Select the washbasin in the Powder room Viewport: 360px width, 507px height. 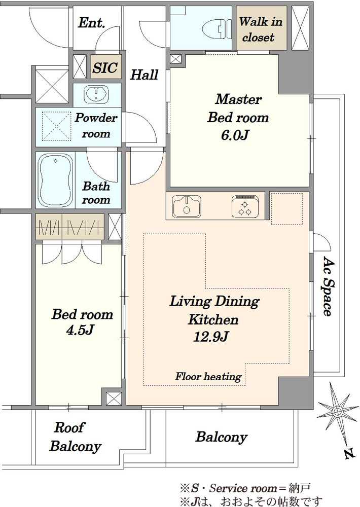pos(96,94)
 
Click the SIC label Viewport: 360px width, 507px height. pos(105,67)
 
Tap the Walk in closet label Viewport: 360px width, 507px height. pos(260,29)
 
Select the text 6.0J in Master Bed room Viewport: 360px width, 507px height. pos(235,135)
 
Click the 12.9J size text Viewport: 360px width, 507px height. pos(211,337)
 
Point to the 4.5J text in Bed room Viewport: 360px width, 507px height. pos(80,330)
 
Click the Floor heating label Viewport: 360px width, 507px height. pos(208,376)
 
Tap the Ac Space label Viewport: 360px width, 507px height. pos(328,286)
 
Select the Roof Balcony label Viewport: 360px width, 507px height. pos(75,437)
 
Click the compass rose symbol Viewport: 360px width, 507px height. pos(337,411)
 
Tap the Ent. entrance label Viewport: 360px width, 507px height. pos(92,23)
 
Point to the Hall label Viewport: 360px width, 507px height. pos(145,75)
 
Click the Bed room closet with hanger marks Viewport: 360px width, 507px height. pos(69,227)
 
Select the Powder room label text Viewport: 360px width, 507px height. pos(96,125)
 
